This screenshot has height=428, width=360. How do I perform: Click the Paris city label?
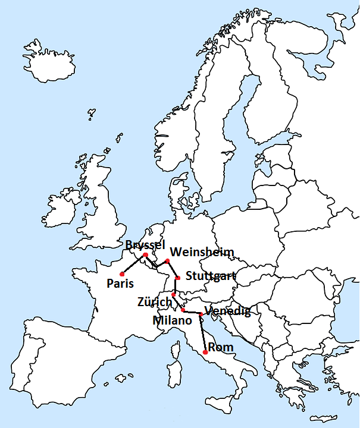(120, 284)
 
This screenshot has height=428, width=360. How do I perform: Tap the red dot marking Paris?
(122, 274)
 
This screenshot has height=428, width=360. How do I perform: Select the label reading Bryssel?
(145, 245)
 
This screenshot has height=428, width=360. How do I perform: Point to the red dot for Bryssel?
(146, 255)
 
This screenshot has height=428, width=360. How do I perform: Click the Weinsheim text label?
(202, 251)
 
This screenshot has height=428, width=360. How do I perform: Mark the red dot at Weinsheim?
(168, 260)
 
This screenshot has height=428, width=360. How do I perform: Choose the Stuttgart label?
(211, 276)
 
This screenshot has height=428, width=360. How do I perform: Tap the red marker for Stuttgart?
(178, 278)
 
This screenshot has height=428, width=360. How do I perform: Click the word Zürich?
(155, 301)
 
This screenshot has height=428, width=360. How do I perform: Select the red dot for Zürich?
(174, 294)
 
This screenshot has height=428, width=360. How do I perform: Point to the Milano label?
(172, 320)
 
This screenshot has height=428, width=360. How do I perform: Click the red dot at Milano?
(183, 310)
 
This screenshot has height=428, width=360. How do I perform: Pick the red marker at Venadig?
(201, 314)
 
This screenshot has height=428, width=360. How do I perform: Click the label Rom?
(220, 347)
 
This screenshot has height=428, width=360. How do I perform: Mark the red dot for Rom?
(205, 353)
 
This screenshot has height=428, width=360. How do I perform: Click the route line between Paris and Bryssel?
(134, 265)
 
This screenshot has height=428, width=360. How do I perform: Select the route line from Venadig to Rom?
(203, 333)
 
